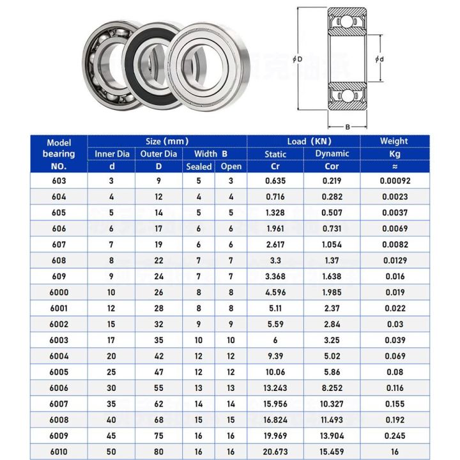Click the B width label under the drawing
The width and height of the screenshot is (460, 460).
(348, 126)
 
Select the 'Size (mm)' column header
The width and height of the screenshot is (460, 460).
(167, 141)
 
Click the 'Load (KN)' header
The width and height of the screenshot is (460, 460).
(303, 141)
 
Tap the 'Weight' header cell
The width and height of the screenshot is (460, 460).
(394, 141)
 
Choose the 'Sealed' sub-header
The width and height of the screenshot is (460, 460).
(199, 167)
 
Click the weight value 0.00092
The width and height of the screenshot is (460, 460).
(394, 181)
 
